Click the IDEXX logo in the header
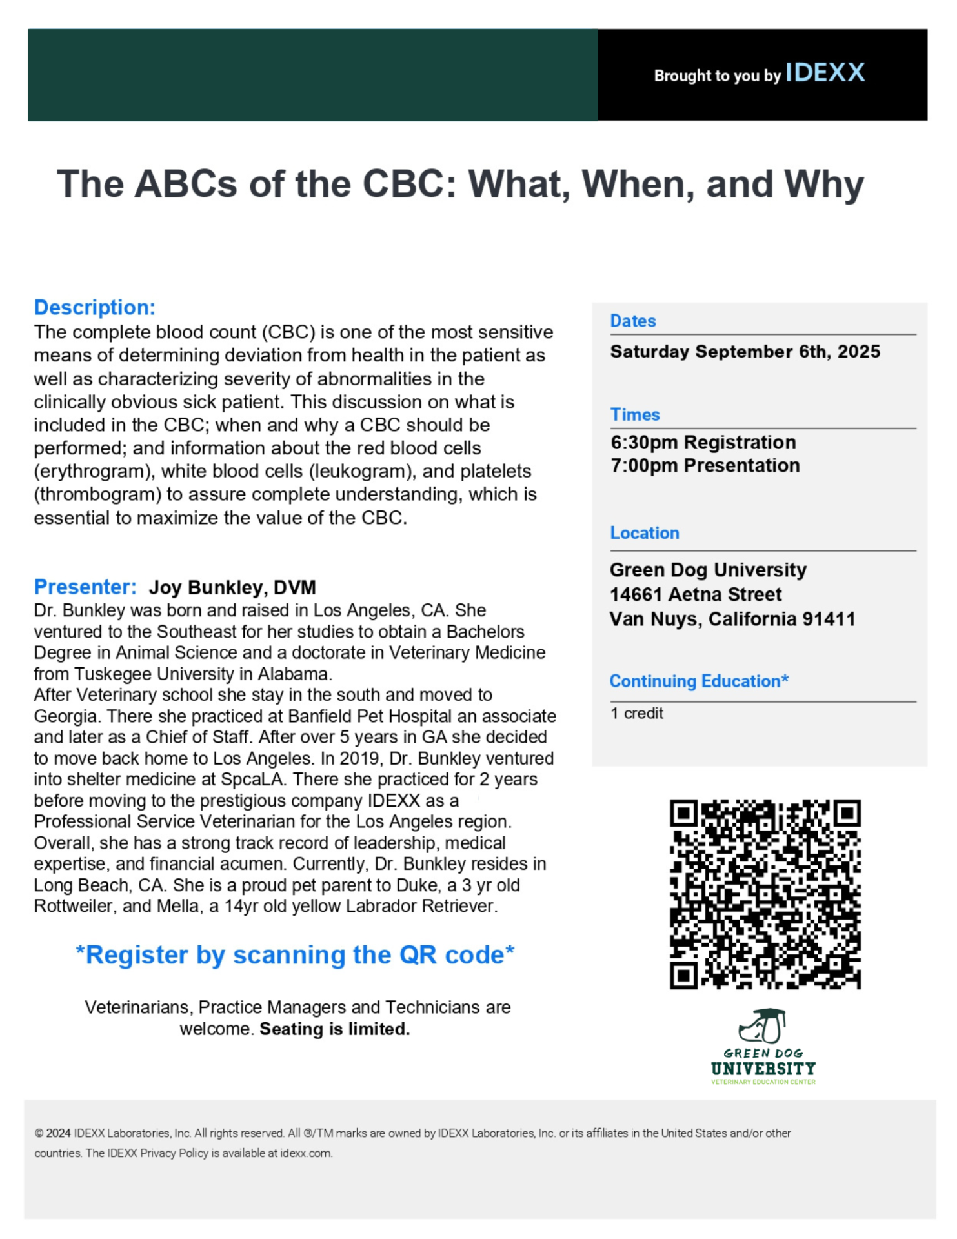pyautogui.click(x=825, y=73)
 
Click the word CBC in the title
pyautogui.click(x=402, y=185)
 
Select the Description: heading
pyautogui.click(x=94, y=307)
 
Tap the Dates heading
pyautogui.click(x=632, y=321)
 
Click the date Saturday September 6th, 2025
pyautogui.click(x=745, y=352)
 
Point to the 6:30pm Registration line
pyautogui.click(x=703, y=443)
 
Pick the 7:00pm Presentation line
pyautogui.click(x=705, y=466)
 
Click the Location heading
pyautogui.click(x=644, y=533)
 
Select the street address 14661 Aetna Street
pyautogui.click(x=695, y=594)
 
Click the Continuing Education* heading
pyautogui.click(x=698, y=681)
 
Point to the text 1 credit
pyautogui.click(x=636, y=714)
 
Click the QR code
pyautogui.click(x=765, y=894)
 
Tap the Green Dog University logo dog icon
pyautogui.click(x=762, y=1027)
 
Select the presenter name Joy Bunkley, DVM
pyautogui.click(x=232, y=588)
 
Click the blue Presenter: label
pyautogui.click(x=85, y=587)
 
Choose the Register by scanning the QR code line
pyautogui.click(x=295, y=955)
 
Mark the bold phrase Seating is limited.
pyautogui.click(x=334, y=1029)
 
